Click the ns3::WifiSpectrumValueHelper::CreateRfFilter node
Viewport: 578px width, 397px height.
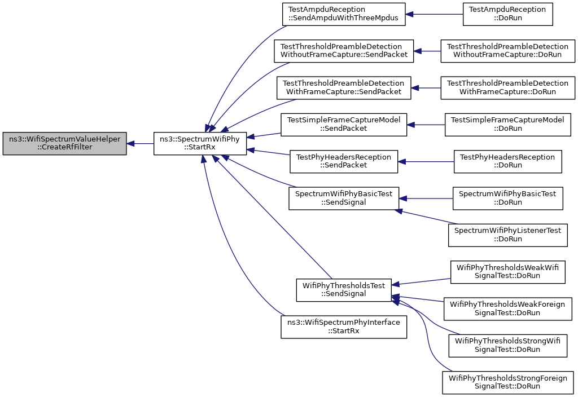click(x=64, y=143)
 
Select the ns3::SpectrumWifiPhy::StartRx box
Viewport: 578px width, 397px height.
click(x=200, y=143)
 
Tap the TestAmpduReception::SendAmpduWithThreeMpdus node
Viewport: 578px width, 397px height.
click(x=344, y=14)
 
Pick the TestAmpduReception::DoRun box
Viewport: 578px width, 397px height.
click(x=507, y=14)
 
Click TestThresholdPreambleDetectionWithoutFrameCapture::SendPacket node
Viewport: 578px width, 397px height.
click(x=344, y=51)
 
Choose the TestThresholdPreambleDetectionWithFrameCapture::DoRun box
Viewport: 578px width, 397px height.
click(x=507, y=88)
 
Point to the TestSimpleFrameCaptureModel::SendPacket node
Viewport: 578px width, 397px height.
click(x=344, y=125)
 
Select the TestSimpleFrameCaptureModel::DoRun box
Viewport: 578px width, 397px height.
click(x=507, y=125)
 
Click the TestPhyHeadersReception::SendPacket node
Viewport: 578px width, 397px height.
click(x=344, y=162)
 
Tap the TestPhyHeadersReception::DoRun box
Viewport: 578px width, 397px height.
click(x=507, y=162)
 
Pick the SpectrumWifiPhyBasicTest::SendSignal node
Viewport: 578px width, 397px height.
click(x=344, y=198)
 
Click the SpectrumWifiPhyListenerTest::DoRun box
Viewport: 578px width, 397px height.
click(x=507, y=235)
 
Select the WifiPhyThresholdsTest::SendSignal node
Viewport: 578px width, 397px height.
click(x=344, y=290)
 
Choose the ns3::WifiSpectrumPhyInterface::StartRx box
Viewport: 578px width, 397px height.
click(x=344, y=327)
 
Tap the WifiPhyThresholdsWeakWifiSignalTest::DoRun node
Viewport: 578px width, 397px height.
click(x=507, y=272)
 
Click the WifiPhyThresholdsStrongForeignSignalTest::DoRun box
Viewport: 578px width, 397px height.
click(x=507, y=382)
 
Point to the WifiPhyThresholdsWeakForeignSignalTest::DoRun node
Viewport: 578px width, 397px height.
click(x=507, y=308)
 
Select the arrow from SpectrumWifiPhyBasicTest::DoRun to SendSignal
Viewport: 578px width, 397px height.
click(x=426, y=198)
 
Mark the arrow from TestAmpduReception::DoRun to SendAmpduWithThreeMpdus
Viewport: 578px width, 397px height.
click(x=434, y=14)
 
